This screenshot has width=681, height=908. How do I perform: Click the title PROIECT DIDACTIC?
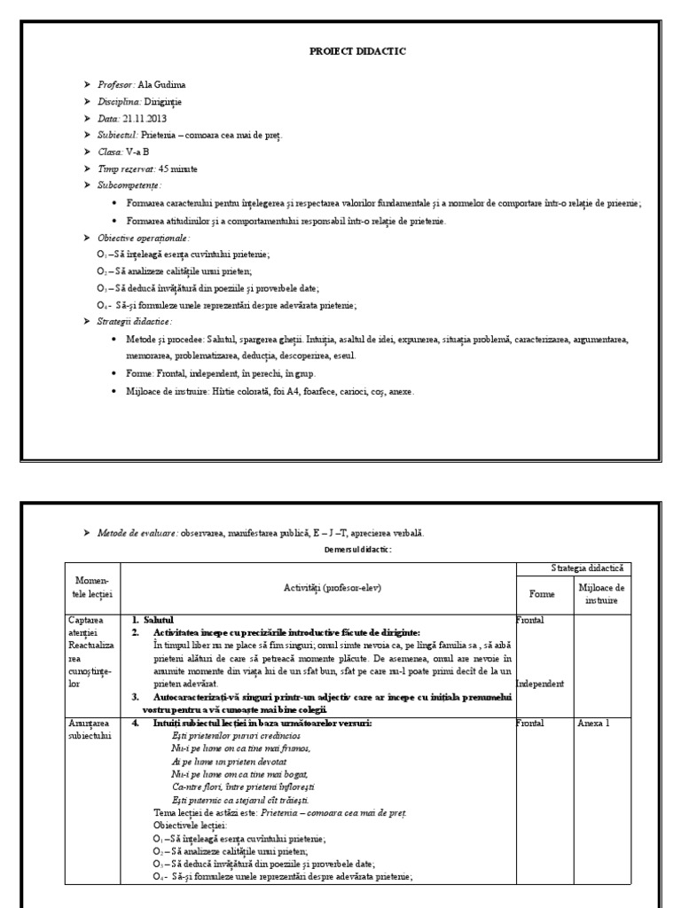click(x=357, y=51)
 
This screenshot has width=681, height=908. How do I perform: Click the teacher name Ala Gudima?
click(x=163, y=85)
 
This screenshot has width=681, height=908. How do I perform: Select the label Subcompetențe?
click(x=136, y=185)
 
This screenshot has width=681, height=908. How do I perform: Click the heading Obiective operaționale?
click(x=144, y=238)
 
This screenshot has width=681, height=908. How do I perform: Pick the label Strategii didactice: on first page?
click(x=135, y=321)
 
